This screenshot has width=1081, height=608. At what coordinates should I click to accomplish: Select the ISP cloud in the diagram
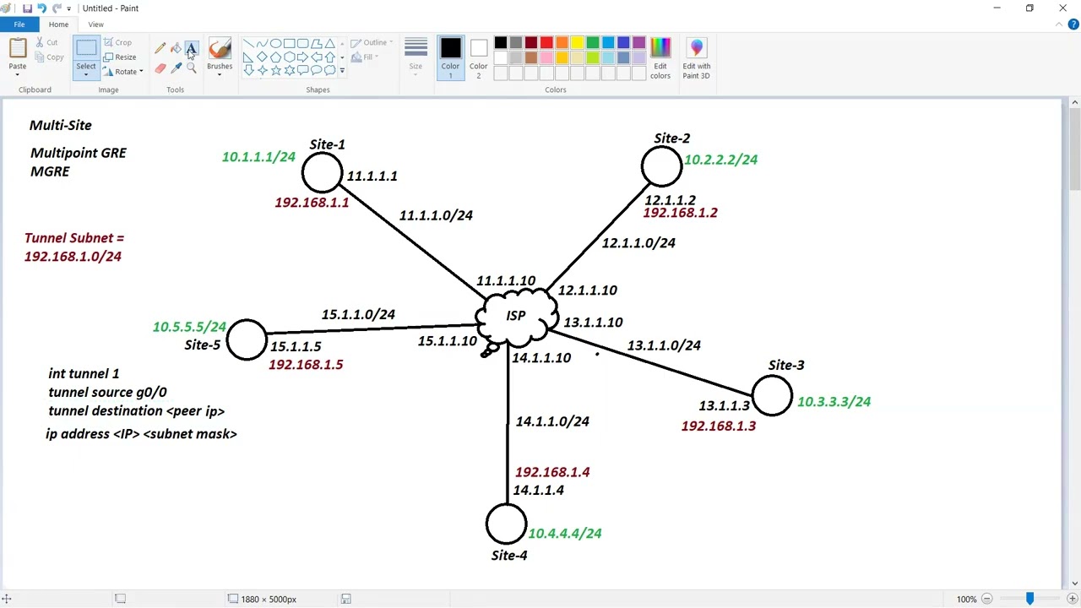pyautogui.click(x=516, y=317)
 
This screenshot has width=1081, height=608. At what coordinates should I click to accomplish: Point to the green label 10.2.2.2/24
pyautogui.click(x=720, y=160)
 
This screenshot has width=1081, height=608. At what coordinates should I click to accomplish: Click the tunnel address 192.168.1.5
pyautogui.click(x=306, y=364)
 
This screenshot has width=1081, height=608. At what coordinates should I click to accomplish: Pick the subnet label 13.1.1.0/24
pyautogui.click(x=664, y=345)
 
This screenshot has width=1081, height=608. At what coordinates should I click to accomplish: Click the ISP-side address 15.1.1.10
pyautogui.click(x=448, y=340)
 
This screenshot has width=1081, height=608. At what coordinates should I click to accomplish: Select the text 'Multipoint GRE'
pyautogui.click(x=79, y=153)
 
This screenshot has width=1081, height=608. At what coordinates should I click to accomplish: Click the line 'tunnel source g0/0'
pyautogui.click(x=107, y=393)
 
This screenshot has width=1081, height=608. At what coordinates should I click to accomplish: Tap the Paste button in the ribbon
pyautogui.click(x=18, y=57)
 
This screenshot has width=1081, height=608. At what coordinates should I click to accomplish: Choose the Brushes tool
pyautogui.click(x=220, y=57)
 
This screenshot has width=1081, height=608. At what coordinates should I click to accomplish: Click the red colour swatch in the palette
pyautogui.click(x=546, y=42)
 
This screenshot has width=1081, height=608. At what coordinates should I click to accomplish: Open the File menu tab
pyautogui.click(x=19, y=24)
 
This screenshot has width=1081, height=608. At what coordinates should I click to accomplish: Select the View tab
pyautogui.click(x=95, y=24)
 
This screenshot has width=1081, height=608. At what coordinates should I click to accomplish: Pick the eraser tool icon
pyautogui.click(x=160, y=68)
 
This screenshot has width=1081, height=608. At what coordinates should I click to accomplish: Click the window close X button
pyautogui.click(x=1062, y=8)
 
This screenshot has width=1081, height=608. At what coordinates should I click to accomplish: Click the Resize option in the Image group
pyautogui.click(x=120, y=57)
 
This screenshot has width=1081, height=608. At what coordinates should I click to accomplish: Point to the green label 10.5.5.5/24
pyautogui.click(x=189, y=327)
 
